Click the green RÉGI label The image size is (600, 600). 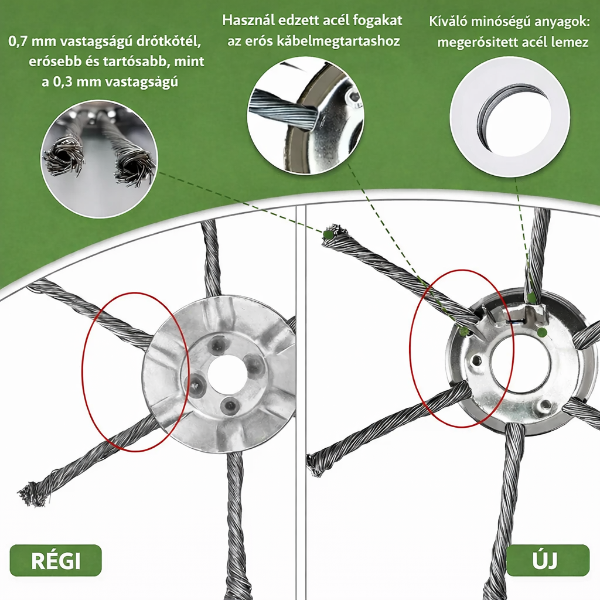click(56, 560)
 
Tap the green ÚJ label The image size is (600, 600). click(547, 560)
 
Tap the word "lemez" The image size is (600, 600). click(569, 42)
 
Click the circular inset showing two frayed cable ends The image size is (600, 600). click(100, 159)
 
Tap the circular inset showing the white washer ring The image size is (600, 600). click(510, 117)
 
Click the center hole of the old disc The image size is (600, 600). click(227, 374)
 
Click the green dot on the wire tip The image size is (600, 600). click(328, 234)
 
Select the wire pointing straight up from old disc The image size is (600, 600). click(212, 258)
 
